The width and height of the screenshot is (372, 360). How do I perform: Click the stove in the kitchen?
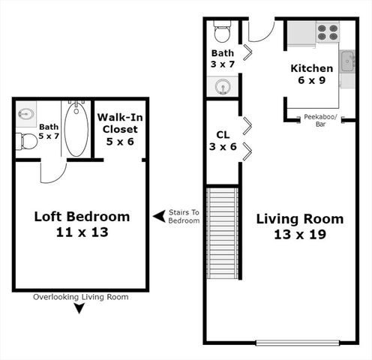(x=327, y=32)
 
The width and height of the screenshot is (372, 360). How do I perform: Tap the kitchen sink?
(x=348, y=62)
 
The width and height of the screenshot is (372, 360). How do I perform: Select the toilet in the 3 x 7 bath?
(x=222, y=31)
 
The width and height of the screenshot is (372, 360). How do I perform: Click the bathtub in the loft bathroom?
(x=76, y=129)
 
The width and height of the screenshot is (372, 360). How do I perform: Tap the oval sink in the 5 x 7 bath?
(x=26, y=115)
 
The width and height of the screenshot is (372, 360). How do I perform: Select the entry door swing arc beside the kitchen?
(x=261, y=31)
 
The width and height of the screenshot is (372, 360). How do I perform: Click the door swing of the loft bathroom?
(x=52, y=172)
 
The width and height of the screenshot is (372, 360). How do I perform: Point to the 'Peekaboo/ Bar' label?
(x=320, y=120)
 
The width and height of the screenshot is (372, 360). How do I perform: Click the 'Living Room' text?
(x=300, y=219)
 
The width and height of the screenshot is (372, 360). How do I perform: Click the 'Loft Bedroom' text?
(x=82, y=217)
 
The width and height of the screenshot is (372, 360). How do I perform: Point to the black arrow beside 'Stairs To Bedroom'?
(x=159, y=217)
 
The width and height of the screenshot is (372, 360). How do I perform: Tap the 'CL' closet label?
(x=222, y=134)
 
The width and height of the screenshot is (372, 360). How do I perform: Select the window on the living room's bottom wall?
(x=297, y=343)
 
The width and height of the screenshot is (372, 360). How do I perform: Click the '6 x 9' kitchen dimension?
(x=311, y=81)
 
